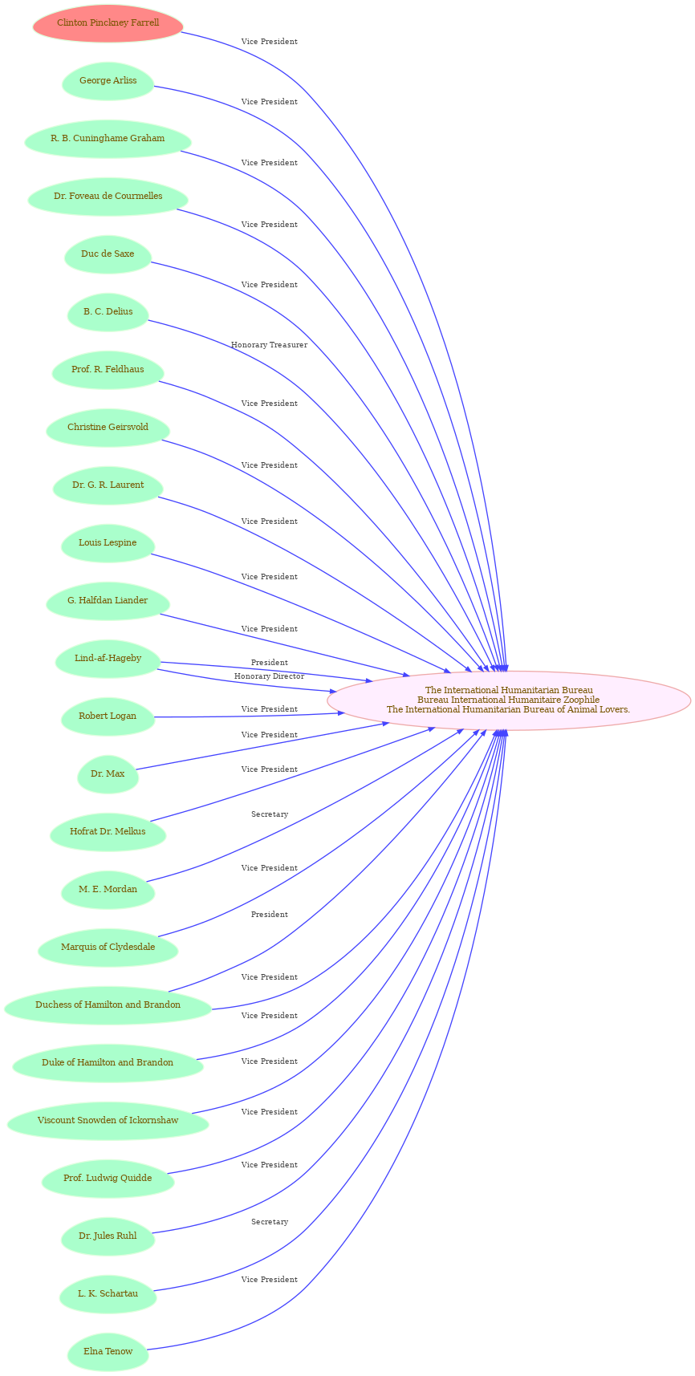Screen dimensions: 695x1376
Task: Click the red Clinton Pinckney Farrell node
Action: point(108,23)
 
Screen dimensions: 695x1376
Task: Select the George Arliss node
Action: point(108,81)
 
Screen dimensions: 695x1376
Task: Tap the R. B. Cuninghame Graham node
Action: point(108,139)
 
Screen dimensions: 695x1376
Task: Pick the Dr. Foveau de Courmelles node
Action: point(108,197)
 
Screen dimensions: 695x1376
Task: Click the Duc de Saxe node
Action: point(108,254)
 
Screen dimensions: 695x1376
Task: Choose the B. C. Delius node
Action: point(108,312)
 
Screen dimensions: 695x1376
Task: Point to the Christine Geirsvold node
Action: point(108,428)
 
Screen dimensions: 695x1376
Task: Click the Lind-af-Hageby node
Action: point(108,659)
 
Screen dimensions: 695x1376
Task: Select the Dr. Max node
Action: point(108,774)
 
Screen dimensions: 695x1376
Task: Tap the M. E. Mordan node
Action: point(108,890)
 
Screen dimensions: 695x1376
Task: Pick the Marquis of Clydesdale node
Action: point(108,948)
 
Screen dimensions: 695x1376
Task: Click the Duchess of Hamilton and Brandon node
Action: point(108,1005)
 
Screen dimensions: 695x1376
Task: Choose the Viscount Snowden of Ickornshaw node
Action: point(108,1121)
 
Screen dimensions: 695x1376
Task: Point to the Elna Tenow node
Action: point(108,1352)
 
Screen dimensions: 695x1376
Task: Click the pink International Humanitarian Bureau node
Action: point(509,700)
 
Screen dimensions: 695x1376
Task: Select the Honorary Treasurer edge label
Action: point(269,345)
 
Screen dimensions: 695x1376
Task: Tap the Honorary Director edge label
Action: point(269,676)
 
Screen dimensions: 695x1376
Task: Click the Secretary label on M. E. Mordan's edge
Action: point(270,814)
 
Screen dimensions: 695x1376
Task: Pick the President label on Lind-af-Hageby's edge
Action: point(269,663)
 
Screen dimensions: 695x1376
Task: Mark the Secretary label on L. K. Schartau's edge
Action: point(270,1222)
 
